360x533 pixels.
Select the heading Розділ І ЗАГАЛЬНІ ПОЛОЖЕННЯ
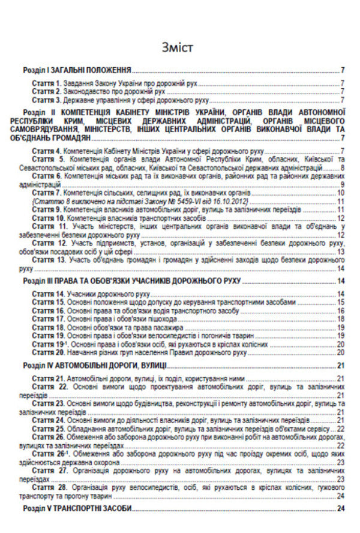point(77,70)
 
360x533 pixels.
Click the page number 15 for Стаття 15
point(340,302)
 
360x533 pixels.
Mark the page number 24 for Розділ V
point(340,509)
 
